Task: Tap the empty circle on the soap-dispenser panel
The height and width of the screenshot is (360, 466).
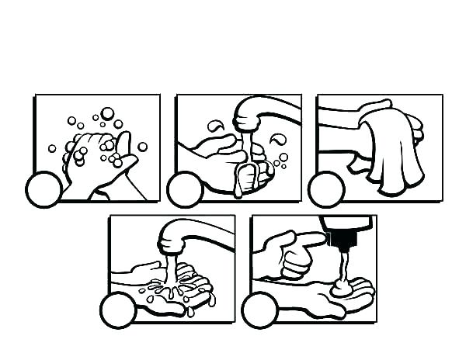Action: (x=259, y=311)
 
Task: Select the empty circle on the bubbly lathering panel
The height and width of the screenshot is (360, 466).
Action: (x=43, y=190)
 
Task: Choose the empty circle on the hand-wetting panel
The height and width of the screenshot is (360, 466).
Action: (x=117, y=310)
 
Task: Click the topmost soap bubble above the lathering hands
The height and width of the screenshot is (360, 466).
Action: (x=107, y=112)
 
